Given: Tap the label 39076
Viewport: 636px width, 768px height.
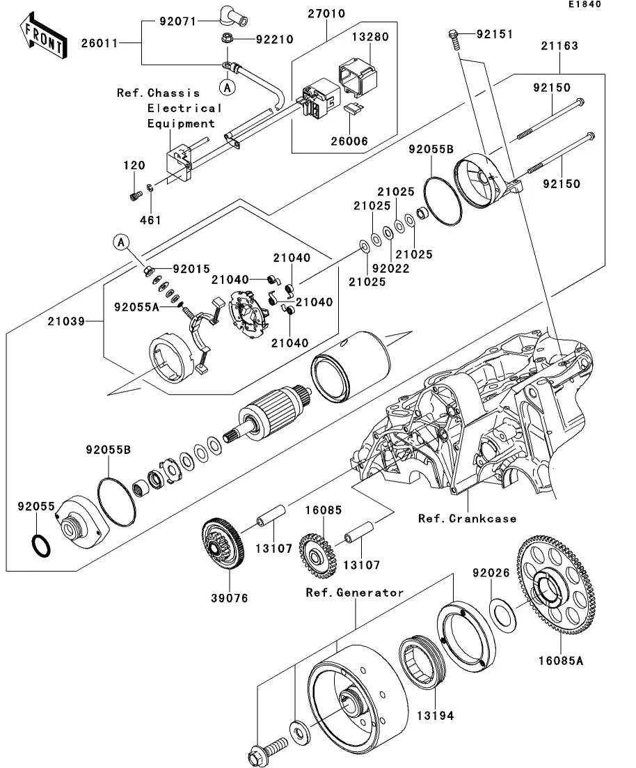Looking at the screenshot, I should [230, 598].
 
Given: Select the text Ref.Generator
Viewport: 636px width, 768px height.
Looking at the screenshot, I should [355, 593].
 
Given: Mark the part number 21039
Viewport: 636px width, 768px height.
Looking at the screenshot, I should [66, 322].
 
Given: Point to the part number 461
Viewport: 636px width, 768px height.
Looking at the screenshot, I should [150, 220].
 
